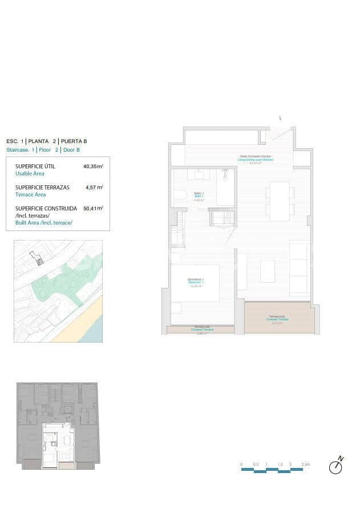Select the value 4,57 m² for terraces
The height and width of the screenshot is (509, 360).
(x=94, y=187)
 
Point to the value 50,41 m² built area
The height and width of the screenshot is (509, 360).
(x=93, y=209)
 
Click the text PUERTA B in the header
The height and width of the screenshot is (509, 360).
(x=74, y=141)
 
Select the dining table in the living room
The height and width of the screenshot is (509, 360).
(x=280, y=201)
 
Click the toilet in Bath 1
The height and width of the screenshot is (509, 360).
(x=180, y=196)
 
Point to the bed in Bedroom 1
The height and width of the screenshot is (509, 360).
(x=195, y=283)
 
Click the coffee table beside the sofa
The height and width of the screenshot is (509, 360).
(x=267, y=271)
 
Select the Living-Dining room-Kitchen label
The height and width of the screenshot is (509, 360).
(x=255, y=158)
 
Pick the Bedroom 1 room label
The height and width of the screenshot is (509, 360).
(x=196, y=281)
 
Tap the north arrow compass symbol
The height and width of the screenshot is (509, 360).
(x=336, y=466)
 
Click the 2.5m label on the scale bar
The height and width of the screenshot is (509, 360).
(x=306, y=465)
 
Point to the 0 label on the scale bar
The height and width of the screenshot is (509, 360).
(x=241, y=465)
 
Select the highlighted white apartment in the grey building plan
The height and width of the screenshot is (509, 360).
(x=58, y=445)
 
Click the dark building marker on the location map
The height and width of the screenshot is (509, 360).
(x=39, y=260)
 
